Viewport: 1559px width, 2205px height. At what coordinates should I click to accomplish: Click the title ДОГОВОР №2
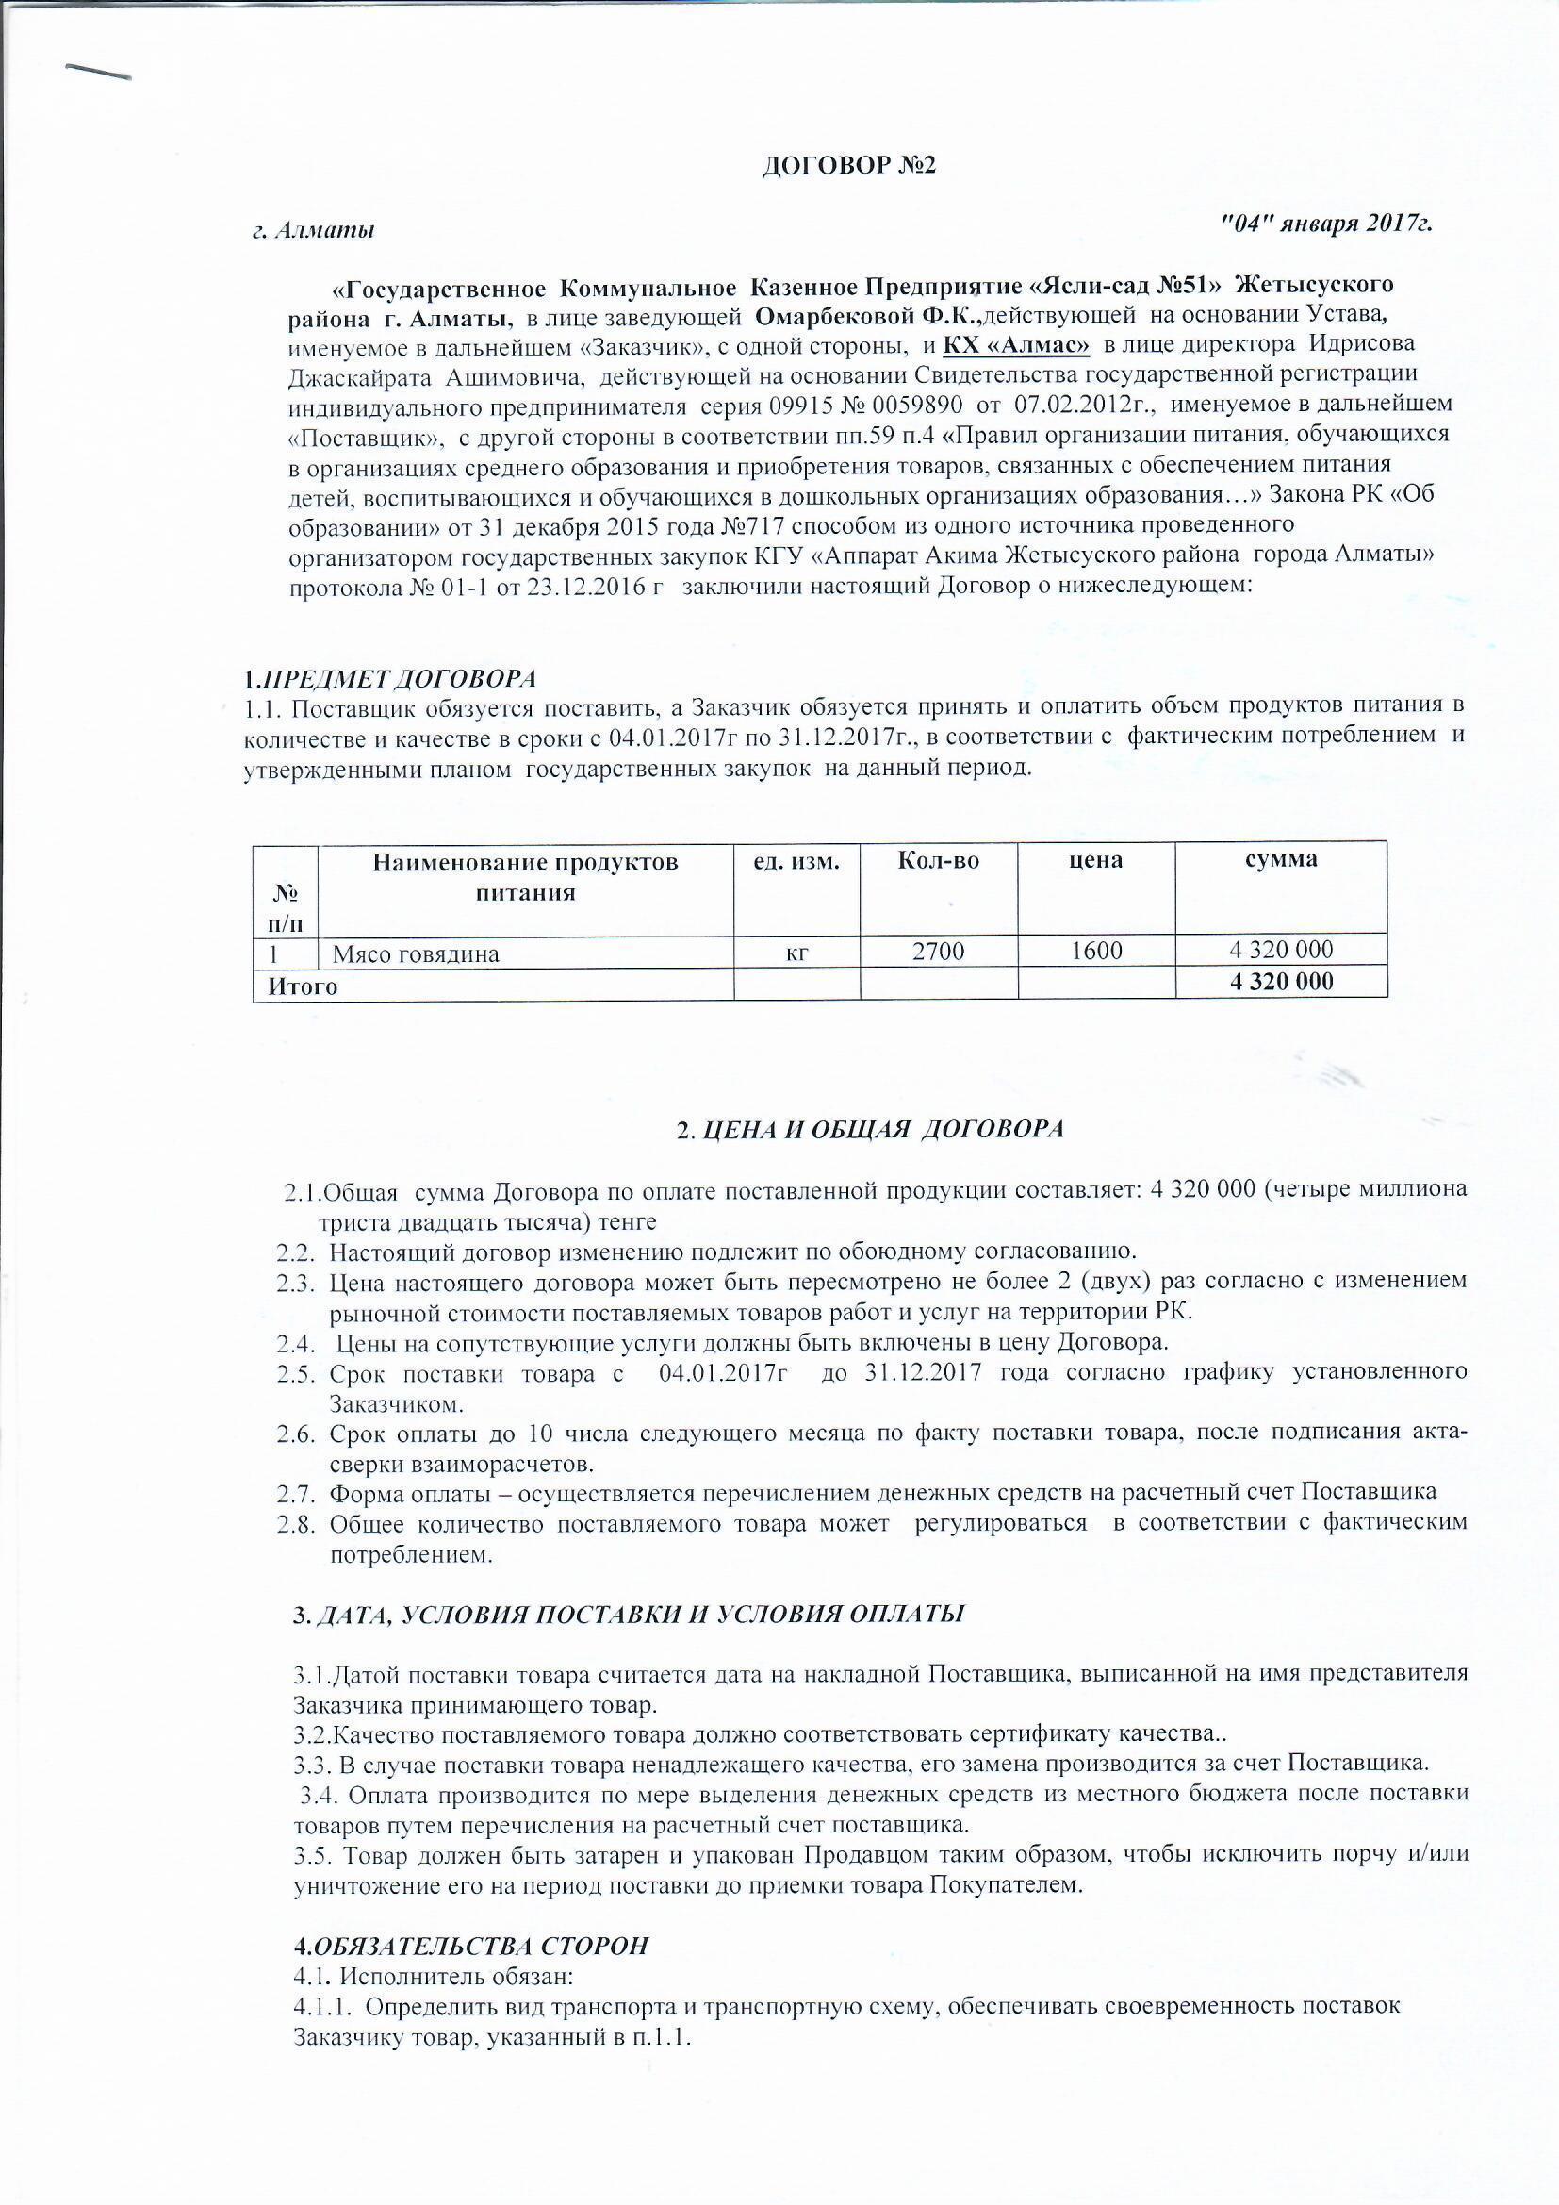848,165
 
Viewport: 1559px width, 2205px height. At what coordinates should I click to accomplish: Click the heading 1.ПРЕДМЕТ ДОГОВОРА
390,679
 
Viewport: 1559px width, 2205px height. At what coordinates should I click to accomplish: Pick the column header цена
1095,860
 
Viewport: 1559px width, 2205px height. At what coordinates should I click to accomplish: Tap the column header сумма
1281,859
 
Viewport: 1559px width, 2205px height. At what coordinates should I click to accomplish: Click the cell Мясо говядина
416,953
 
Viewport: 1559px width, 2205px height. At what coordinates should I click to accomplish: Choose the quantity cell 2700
938,952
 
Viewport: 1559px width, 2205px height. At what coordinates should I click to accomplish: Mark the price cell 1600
1095,951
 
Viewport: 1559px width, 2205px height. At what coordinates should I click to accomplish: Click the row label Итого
303,986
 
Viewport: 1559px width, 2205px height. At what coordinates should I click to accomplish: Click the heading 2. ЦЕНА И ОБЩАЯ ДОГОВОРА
870,1131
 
